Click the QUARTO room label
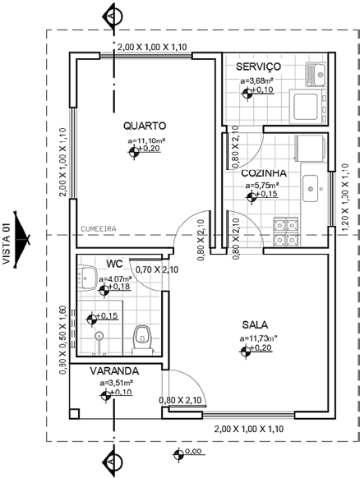coord(145,126)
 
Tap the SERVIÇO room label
coord(259,66)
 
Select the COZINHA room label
coord(264,173)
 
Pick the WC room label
coord(113,264)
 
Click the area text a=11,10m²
coord(146,140)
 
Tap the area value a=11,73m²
coord(258,338)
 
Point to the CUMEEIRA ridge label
coord(98,229)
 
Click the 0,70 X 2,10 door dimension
coord(155,269)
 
